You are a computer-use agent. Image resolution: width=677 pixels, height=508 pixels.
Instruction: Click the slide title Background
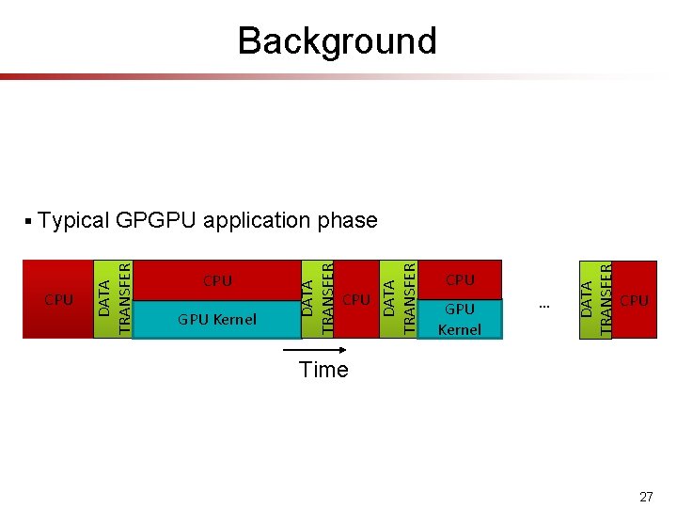(337, 41)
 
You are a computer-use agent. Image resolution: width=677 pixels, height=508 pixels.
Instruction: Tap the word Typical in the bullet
(74, 221)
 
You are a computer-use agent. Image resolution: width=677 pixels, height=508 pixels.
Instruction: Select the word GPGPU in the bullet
(157, 221)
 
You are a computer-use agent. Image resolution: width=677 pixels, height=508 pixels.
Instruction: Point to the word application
(258, 222)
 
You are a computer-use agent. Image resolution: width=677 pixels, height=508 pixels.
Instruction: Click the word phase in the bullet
(348, 222)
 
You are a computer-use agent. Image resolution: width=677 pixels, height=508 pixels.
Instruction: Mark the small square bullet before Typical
(30, 222)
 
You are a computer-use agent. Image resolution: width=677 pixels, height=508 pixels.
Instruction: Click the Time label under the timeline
(323, 370)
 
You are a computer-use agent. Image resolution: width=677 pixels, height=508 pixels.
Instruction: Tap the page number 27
(645, 496)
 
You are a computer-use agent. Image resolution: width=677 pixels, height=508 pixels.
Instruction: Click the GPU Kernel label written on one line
(217, 320)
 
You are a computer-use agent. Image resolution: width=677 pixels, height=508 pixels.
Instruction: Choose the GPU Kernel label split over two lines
(460, 319)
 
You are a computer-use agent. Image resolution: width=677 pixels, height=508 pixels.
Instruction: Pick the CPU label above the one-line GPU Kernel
(217, 280)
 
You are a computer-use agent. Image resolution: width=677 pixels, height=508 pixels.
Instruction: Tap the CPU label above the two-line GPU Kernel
(460, 279)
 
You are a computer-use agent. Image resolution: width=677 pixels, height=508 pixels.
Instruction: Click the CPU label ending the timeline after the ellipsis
(635, 300)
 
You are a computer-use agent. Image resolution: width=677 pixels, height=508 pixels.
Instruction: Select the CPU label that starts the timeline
(58, 300)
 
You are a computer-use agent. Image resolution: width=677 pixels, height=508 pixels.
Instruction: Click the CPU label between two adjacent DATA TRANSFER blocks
(356, 299)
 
